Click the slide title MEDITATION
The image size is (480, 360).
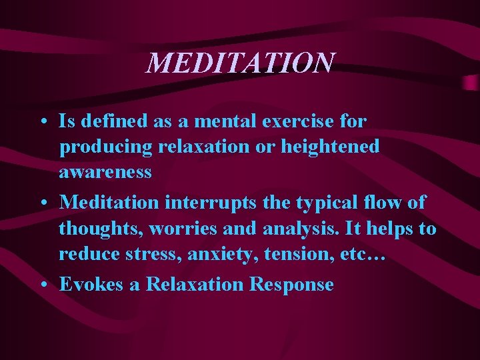[240, 63]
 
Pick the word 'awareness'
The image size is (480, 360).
[105, 171]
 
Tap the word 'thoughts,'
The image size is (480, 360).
[101, 229]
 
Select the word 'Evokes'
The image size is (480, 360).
[92, 284]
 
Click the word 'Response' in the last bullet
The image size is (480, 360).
[291, 284]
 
